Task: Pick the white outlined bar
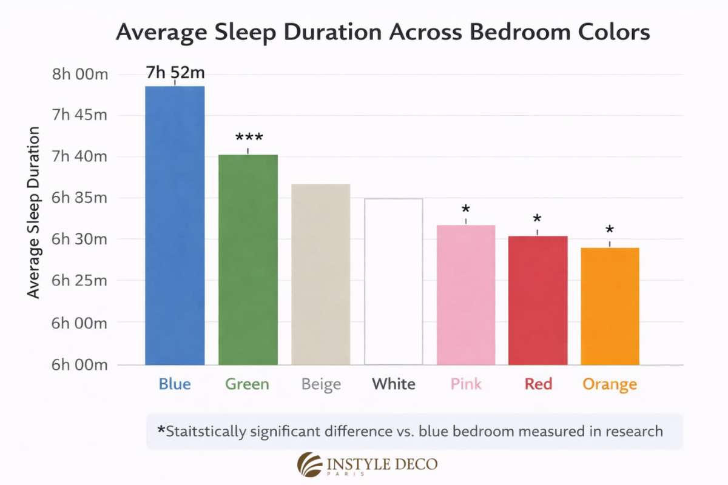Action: [x=393, y=281]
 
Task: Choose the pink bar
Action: [x=466, y=295]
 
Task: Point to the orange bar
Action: [x=610, y=306]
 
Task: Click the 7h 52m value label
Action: [x=175, y=73]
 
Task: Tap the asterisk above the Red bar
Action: [x=537, y=219]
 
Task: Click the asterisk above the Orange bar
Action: [x=610, y=231]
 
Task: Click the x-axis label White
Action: [x=394, y=384]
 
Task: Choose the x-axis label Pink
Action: [x=466, y=384]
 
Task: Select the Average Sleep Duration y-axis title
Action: [x=34, y=212]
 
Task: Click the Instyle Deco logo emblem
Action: [x=309, y=464]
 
